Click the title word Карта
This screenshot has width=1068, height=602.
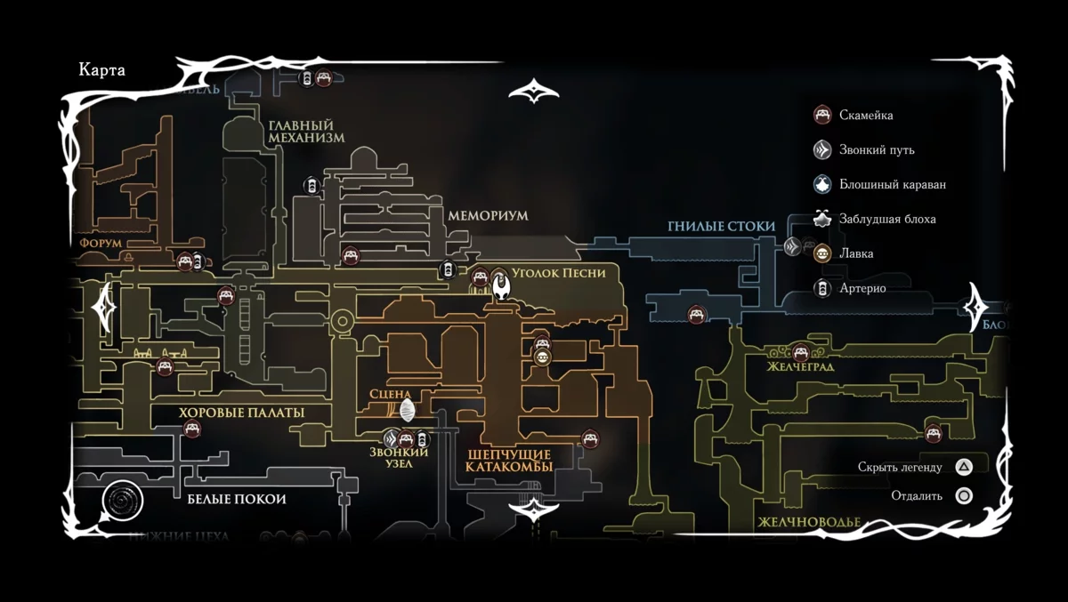tap(101, 71)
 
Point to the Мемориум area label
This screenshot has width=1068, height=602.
tap(488, 216)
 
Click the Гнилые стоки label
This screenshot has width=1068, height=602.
tap(721, 227)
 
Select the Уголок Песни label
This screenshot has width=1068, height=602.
tap(560, 273)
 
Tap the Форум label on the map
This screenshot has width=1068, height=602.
tap(100, 242)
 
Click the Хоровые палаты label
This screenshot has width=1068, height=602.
tap(241, 413)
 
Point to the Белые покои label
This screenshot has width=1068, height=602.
tap(237, 499)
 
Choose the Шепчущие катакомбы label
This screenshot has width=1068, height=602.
tap(510, 460)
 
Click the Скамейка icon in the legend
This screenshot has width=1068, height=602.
tap(822, 115)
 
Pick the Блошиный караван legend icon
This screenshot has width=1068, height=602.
tap(822, 184)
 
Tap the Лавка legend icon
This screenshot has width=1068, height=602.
tap(822, 253)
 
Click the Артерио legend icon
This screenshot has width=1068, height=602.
tap(822, 287)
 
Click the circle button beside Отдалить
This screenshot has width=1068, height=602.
tap(963, 496)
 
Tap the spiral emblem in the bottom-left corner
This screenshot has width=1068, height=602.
tap(122, 503)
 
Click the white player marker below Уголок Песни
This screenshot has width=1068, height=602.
tap(501, 286)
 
